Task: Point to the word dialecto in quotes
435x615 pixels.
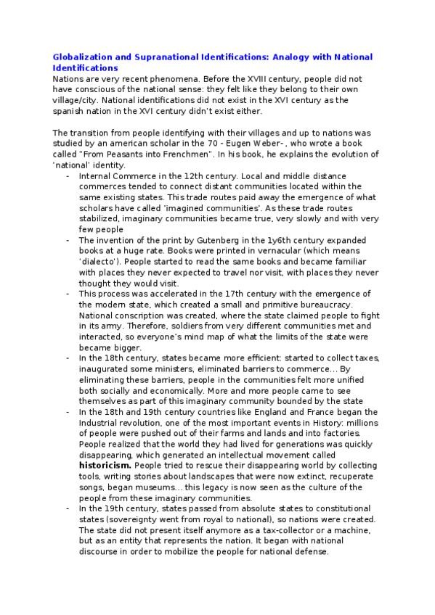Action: [x=103, y=261]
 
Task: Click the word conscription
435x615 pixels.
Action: [x=135, y=315]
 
